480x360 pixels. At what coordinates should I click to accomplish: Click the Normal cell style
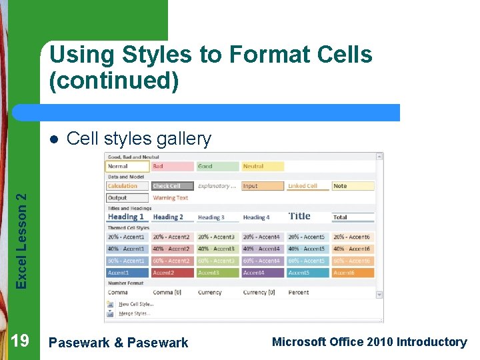click(x=127, y=167)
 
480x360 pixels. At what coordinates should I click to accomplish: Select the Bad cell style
click(x=172, y=167)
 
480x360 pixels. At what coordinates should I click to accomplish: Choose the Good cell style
click(x=217, y=167)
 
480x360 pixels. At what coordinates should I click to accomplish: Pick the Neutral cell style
click(x=263, y=167)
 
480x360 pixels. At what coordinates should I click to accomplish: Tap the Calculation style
click(x=127, y=186)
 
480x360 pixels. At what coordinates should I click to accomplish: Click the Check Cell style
click(x=172, y=186)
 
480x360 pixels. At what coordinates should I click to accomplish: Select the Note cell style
click(x=353, y=186)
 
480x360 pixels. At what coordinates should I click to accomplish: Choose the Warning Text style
click(x=172, y=198)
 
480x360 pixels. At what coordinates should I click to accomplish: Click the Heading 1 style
click(x=127, y=217)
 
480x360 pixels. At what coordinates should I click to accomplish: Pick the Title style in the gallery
click(x=307, y=216)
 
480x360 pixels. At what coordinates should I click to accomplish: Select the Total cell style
click(x=353, y=217)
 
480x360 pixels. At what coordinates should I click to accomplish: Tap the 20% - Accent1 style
click(x=127, y=237)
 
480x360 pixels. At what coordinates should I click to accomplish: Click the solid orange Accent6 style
click(x=353, y=273)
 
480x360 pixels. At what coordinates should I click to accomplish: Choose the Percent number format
click(x=307, y=292)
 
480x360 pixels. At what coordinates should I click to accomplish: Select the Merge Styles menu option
click(x=134, y=313)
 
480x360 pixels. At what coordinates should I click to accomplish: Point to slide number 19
click(x=20, y=341)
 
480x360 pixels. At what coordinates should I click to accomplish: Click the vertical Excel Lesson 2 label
click(x=21, y=241)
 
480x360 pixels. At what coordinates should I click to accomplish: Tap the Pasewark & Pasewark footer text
click(x=119, y=343)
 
